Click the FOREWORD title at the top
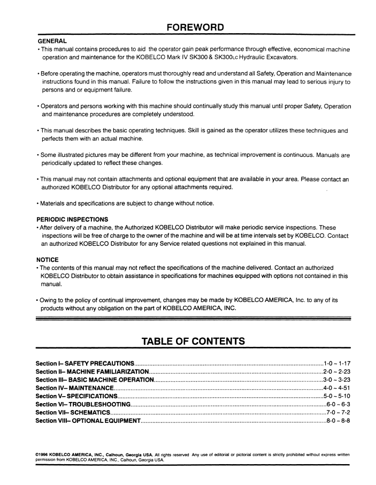click(x=195, y=27)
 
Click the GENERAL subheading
click(x=52, y=41)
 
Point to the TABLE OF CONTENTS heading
click(x=193, y=341)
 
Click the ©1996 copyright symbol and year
click(x=42, y=454)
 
